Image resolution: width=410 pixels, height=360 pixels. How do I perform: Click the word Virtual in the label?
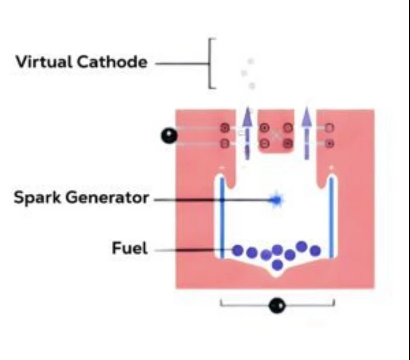tap(44, 62)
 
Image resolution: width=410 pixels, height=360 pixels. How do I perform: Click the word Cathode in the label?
tap(112, 62)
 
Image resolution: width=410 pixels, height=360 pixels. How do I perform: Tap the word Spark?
tap(37, 198)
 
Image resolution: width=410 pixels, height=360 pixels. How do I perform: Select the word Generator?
tap(107, 198)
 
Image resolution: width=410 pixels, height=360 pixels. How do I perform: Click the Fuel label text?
tap(130, 248)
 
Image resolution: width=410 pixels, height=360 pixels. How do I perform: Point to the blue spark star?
tap(276, 200)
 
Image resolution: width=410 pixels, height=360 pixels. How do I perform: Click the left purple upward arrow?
tap(247, 133)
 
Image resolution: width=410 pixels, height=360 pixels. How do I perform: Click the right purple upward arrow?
tap(307, 133)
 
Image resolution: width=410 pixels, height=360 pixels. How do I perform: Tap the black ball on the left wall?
tap(169, 136)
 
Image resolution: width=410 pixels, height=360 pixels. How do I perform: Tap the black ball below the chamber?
tap(277, 305)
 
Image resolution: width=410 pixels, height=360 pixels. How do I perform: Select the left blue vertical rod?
tap(222, 218)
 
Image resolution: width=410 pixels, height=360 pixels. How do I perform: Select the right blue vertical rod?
tap(332, 218)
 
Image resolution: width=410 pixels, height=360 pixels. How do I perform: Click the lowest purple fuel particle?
tap(277, 265)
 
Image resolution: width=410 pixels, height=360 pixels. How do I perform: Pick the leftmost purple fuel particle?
tap(238, 250)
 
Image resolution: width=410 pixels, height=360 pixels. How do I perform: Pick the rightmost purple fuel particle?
tap(315, 251)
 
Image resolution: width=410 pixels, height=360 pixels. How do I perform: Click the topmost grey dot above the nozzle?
tap(251, 61)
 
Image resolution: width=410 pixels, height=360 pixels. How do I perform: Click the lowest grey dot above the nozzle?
tap(252, 85)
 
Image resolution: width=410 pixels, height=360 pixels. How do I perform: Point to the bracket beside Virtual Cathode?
tap(209, 63)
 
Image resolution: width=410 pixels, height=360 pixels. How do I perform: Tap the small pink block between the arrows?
tap(276, 131)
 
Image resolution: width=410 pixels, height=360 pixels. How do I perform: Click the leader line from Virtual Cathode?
tap(181, 63)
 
